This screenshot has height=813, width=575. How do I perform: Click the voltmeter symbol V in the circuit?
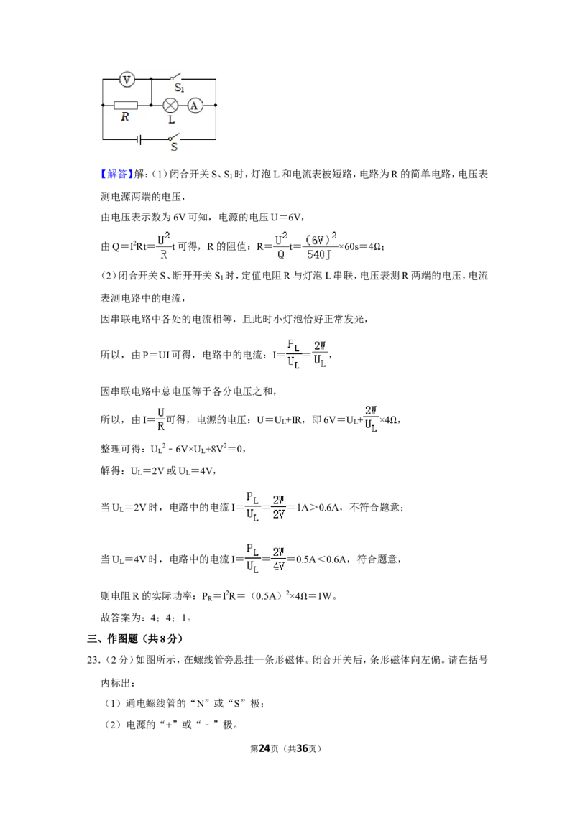pos(126,79)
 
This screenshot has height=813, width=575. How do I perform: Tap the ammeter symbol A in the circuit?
pos(195,106)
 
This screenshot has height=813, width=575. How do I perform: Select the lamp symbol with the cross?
pos(170,106)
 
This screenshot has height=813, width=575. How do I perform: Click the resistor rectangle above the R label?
pos(126,106)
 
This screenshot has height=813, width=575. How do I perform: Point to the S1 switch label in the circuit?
pos(179,88)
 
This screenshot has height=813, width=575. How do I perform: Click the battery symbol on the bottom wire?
pos(139,139)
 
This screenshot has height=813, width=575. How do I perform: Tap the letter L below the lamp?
pos(171,120)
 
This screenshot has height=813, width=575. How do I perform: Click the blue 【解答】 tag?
pos(116,175)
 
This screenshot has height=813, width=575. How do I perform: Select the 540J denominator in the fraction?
pos(318,254)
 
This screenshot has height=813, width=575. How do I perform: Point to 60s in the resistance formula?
pos(351,247)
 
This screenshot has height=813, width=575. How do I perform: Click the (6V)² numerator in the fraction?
pos(321,238)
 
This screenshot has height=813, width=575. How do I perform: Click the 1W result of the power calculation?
pos(324,596)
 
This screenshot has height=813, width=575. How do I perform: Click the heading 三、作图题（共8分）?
pos(135,638)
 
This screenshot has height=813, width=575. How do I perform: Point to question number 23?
pos(93,660)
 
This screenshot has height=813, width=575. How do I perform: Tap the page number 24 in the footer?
pos(264,748)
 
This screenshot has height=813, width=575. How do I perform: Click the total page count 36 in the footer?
pos(302,748)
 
